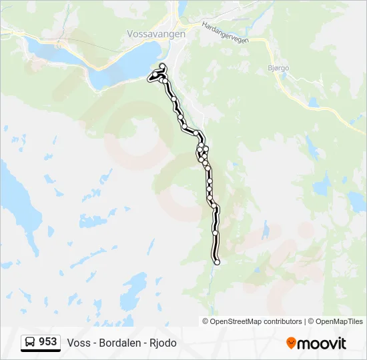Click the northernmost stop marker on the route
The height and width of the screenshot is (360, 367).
162,65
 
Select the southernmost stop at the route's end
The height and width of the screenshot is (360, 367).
216,262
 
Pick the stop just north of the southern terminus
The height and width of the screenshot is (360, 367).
216,233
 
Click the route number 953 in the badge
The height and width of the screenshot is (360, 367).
47,342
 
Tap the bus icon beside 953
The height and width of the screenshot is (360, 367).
31,343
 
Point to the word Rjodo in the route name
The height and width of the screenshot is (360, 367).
163,343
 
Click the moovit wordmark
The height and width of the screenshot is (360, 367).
322,343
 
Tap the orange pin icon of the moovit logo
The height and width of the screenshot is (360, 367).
291,343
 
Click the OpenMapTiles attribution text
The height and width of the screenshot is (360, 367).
336,321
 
